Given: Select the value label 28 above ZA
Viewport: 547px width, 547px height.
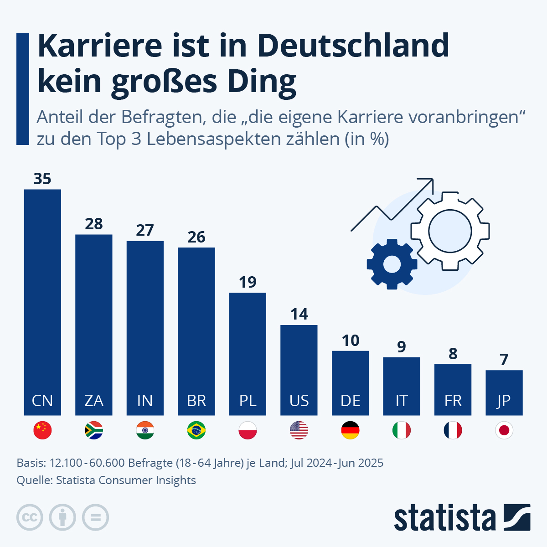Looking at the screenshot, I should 94,224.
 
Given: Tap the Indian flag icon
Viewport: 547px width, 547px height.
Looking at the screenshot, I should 145,430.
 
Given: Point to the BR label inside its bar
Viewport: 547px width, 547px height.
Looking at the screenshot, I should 196,401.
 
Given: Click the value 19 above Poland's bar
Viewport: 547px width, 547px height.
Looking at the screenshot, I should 248,282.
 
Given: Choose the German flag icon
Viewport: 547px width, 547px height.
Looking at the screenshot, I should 350,430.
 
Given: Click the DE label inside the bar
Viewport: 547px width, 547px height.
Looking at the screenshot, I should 350,401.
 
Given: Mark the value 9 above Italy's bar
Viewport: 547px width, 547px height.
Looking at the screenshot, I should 402,347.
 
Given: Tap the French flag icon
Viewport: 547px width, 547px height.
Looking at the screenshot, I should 453,430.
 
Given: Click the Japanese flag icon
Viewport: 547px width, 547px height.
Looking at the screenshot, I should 504,430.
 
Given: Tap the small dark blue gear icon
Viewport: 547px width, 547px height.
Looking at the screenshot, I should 392,264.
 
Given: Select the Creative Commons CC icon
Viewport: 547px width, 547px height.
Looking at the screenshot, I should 30,517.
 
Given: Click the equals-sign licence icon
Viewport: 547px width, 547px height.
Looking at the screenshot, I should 95,517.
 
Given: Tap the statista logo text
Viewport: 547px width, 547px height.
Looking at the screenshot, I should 444,518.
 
